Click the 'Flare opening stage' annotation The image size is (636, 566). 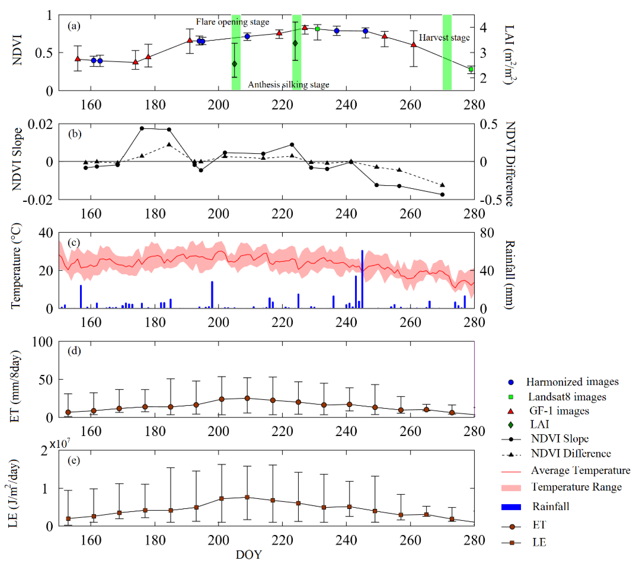232,22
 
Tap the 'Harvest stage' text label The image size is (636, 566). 444,38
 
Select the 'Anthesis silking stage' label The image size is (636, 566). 288,85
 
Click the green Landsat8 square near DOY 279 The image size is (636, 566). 471,69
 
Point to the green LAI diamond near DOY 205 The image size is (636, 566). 235,64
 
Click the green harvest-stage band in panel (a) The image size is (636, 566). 447,52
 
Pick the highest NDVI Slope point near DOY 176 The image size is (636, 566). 142,128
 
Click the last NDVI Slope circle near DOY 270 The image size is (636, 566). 443,195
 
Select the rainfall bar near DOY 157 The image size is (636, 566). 81,296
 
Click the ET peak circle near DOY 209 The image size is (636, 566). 247,398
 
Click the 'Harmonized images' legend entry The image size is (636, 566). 572,382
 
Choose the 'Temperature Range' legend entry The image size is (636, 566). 576,487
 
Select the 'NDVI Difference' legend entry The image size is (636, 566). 571,453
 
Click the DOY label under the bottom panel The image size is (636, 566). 249,554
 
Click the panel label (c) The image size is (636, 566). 74,242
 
